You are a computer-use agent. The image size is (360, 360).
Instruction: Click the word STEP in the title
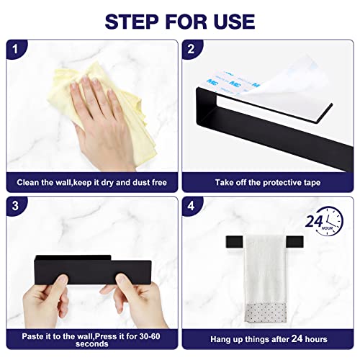point(132,22)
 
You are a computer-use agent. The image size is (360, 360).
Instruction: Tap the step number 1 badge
point(16,49)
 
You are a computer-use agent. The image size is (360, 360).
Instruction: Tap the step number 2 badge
point(192,49)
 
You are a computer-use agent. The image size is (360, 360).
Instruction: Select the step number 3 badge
point(16,206)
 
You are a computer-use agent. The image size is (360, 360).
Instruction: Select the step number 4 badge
point(192,206)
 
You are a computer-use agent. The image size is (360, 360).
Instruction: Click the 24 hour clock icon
point(325,221)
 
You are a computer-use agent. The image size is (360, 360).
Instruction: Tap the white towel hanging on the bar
point(265,279)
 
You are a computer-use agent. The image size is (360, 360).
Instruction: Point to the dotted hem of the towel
point(266,312)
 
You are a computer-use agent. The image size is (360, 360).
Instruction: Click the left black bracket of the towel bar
point(234,242)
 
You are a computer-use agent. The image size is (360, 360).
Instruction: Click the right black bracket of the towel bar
point(295,242)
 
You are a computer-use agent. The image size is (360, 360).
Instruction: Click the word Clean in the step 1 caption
point(28,183)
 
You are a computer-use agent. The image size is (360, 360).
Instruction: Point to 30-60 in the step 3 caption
point(150,336)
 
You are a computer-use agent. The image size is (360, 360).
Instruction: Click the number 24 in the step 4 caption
point(297,338)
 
